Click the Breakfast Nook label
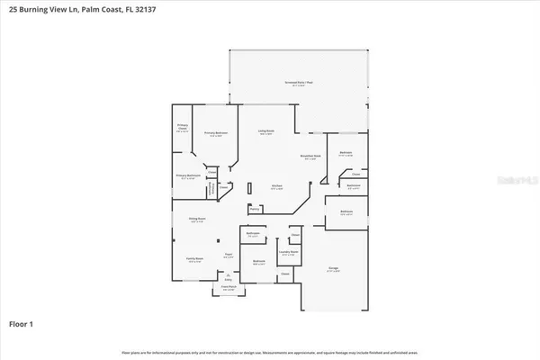tap(311, 157)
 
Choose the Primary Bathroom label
tap(188, 176)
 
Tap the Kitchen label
tap(276, 187)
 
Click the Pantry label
tap(255, 209)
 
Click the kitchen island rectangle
tap(250, 191)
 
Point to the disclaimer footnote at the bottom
tap(270, 352)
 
